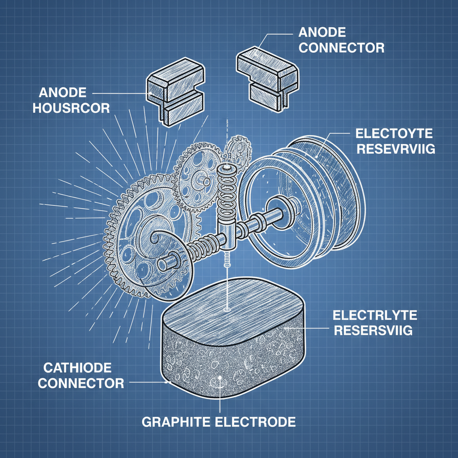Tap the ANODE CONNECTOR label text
(341, 39)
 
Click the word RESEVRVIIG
(395, 149)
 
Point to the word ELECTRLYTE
(375, 315)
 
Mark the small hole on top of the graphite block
(228, 309)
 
